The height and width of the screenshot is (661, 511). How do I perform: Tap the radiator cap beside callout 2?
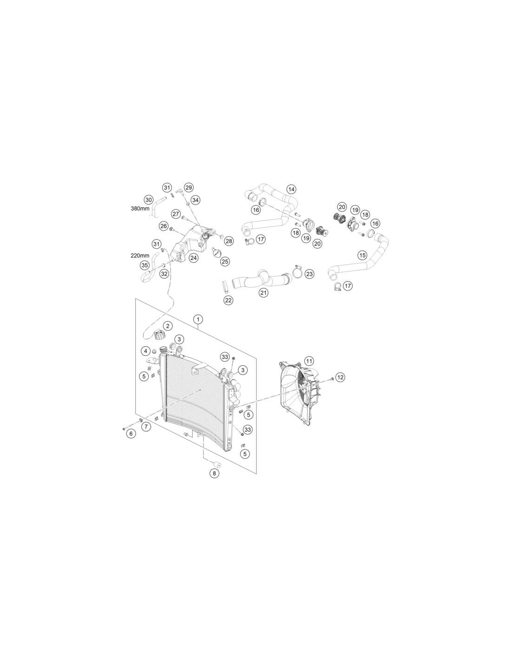click(x=159, y=335)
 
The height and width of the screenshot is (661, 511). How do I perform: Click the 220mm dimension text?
click(x=140, y=256)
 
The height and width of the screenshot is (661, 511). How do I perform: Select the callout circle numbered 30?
click(x=148, y=200)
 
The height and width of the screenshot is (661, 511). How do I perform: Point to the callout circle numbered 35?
click(x=144, y=265)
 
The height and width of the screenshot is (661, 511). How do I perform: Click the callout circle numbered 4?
click(x=145, y=351)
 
